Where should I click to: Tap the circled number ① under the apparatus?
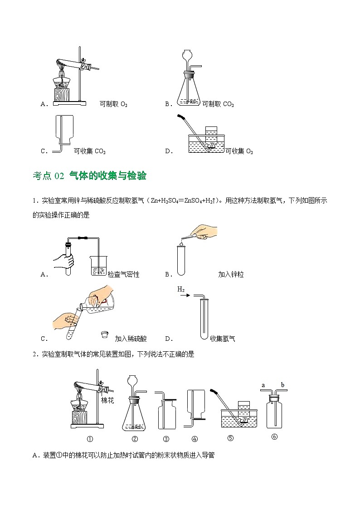90,439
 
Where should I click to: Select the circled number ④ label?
195,439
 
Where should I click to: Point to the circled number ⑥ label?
273,437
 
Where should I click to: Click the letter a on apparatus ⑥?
263,385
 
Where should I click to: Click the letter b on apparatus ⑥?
282,385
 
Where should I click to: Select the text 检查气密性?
123,274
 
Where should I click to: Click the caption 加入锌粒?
231,274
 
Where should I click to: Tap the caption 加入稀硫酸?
131,339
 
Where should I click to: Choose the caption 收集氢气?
223,339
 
